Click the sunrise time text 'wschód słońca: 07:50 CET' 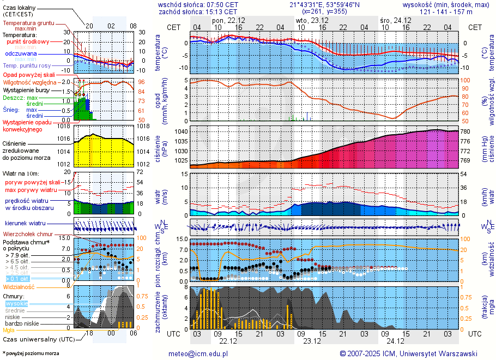tap(198, 4)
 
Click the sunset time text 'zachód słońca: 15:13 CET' tap(198, 11)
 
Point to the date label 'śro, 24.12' tap(396, 20)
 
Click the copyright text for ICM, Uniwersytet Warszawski tap(408, 353)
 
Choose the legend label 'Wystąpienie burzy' tap(28, 89)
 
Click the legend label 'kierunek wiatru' tap(25, 224)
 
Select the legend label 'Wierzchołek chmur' tap(30, 234)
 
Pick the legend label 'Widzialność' tap(19, 286)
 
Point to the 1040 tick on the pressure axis tap(182, 131)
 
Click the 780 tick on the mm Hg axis tap(464, 131)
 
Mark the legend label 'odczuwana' tap(21, 54)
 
